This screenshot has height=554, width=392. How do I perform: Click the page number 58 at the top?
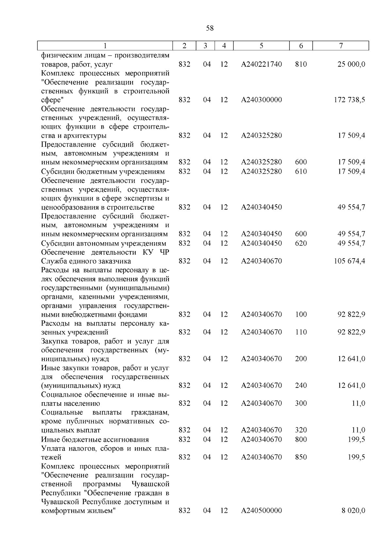coord(210,28)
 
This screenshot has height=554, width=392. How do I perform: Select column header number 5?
coord(262,46)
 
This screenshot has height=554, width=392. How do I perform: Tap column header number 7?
coord(341,46)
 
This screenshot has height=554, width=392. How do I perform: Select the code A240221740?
coord(261,64)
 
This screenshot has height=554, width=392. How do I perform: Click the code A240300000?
coord(261,100)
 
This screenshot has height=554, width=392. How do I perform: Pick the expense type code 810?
coord(301,64)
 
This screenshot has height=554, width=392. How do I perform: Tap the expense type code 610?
coord(301,171)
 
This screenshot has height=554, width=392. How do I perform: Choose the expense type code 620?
coord(301,243)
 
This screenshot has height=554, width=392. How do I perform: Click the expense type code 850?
coord(301,457)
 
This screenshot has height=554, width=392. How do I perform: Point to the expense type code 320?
coord(301,430)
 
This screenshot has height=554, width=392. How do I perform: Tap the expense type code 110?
coord(301,332)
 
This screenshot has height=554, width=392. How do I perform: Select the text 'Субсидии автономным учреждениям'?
coord(104,243)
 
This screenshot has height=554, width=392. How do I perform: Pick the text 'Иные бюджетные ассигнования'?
coord(95,439)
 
